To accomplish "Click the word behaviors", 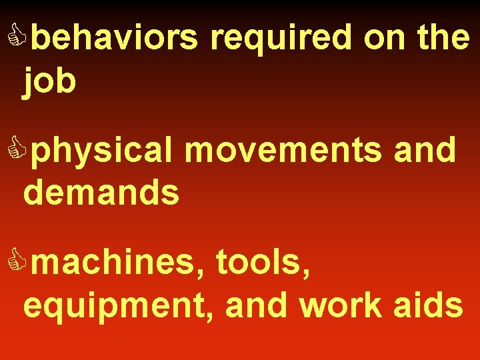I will pyautogui.click(x=115, y=39).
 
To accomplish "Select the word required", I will pyautogui.click(x=281, y=39).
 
